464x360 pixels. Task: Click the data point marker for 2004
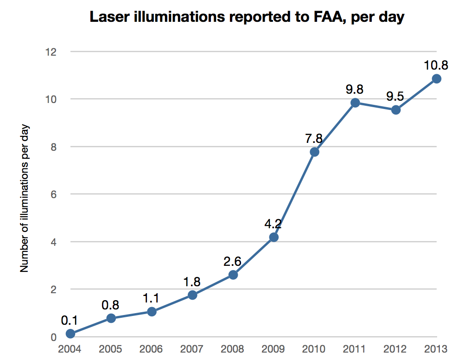pyautogui.click(x=70, y=334)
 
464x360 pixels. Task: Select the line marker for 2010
pyautogui.click(x=314, y=152)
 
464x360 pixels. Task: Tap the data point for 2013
pyautogui.click(x=436, y=79)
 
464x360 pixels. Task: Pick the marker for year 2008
pyautogui.click(x=233, y=275)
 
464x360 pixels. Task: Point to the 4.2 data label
pyautogui.click(x=273, y=224)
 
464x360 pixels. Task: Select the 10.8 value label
pyautogui.click(x=436, y=65)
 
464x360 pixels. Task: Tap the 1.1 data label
pyautogui.click(x=152, y=298)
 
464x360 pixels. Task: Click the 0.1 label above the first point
pyautogui.click(x=70, y=321)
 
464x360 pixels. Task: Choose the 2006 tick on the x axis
pyautogui.click(x=152, y=349)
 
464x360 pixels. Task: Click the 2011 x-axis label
pyautogui.click(x=355, y=349)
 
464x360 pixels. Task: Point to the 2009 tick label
pyautogui.click(x=273, y=349)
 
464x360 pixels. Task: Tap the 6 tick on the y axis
pyautogui.click(x=53, y=194)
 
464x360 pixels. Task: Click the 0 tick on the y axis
pyautogui.click(x=53, y=337)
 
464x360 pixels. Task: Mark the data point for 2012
pyautogui.click(x=395, y=110)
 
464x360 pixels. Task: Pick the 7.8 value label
pyautogui.click(x=314, y=138)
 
